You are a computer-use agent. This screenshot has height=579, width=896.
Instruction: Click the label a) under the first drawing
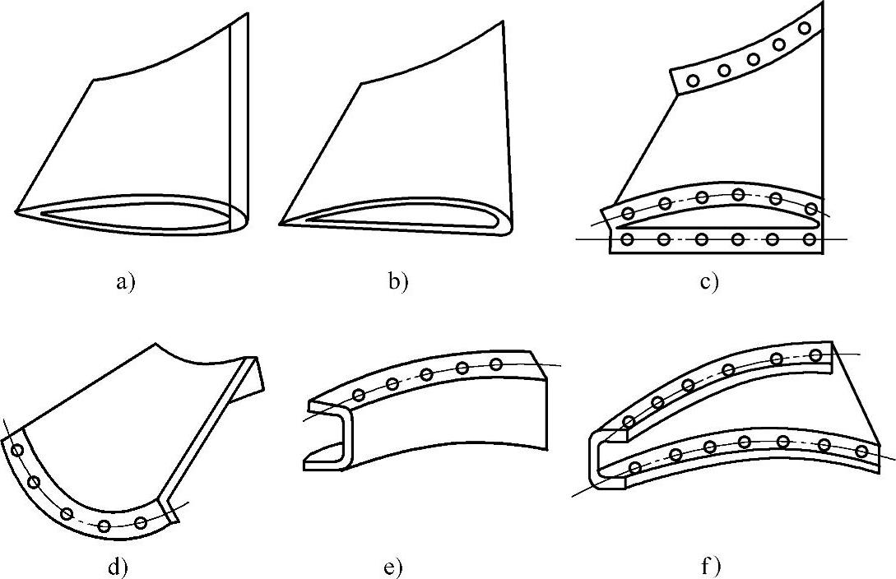125,283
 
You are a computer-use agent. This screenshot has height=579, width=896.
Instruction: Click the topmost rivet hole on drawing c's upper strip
805,28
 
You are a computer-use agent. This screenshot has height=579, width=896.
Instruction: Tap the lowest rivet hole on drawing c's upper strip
694,81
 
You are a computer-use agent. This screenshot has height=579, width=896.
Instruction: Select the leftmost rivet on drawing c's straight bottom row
629,239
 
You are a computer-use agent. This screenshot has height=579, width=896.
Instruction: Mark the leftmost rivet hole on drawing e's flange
359,396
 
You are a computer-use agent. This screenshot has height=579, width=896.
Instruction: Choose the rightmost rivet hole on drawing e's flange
495,364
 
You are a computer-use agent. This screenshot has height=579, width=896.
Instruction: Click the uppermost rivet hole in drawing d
16,449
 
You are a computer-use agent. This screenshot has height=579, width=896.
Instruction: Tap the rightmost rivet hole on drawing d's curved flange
141,522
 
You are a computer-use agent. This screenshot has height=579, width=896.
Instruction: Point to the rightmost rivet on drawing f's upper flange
815,355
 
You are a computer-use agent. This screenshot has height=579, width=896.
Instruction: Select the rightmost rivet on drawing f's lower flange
861,451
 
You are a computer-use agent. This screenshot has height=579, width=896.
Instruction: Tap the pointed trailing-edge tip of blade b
281,223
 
